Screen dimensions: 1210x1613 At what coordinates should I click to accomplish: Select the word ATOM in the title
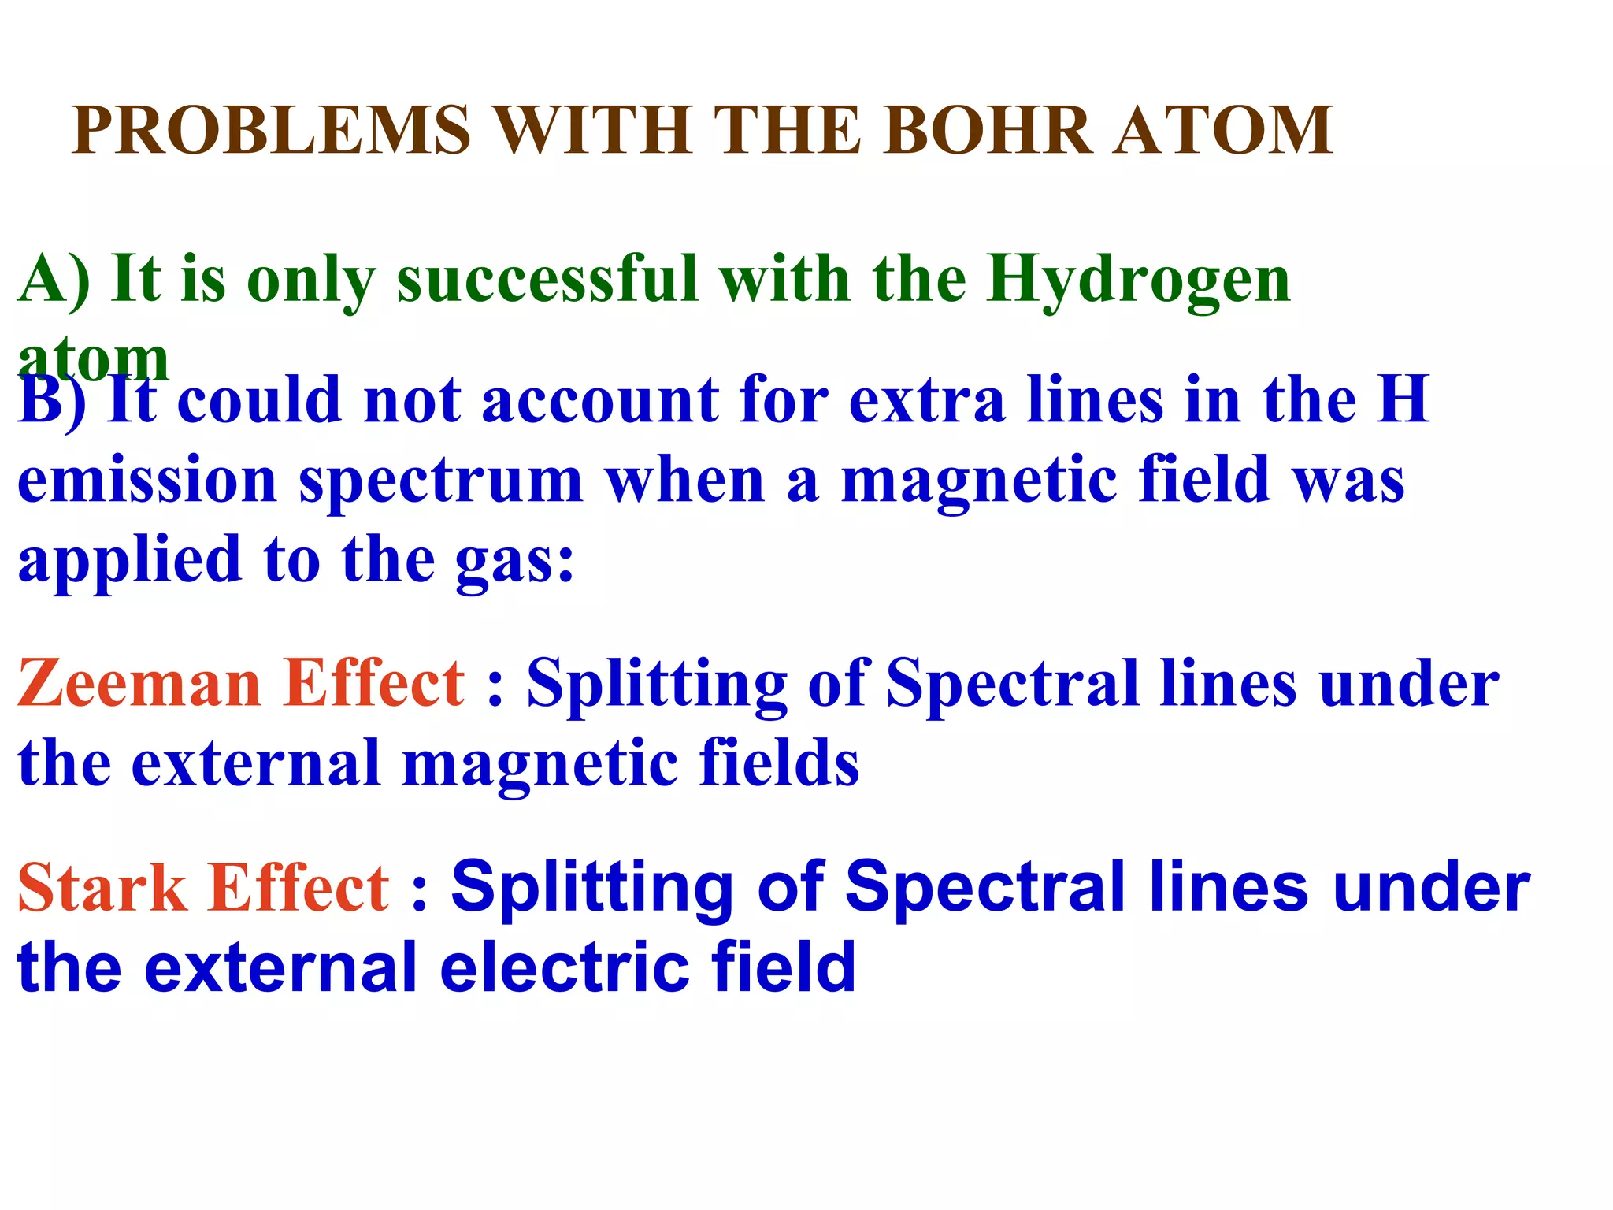pos(1223,130)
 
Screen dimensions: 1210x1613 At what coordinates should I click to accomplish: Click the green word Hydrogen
pos(1138,280)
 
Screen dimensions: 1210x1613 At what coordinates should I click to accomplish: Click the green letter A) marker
pos(54,280)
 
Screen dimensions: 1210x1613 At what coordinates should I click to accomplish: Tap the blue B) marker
pos(52,401)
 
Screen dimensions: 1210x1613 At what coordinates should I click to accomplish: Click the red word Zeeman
pos(139,683)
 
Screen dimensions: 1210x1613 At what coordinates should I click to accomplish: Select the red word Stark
pos(102,888)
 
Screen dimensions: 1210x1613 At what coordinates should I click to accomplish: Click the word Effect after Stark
pos(298,888)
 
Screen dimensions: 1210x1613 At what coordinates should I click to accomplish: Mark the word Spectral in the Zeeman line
pos(1012,683)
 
